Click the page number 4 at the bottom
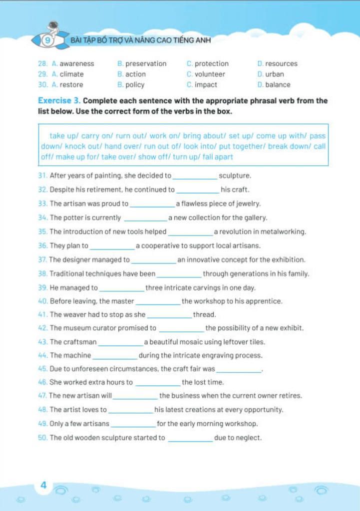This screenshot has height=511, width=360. (43, 485)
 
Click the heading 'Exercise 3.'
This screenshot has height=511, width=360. (59, 101)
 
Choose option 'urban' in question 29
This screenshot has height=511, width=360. (275, 74)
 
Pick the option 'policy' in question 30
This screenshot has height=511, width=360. (135, 85)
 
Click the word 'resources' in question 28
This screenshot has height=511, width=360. (281, 64)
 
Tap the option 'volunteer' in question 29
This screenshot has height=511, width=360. (210, 74)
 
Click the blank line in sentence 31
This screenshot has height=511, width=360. (195, 178)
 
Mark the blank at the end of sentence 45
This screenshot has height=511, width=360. (239, 371)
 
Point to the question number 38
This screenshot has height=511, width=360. (42, 274)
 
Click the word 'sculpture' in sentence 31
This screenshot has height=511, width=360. (235, 176)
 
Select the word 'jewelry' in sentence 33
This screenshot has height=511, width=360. (248, 204)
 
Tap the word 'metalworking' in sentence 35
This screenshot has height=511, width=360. (284, 232)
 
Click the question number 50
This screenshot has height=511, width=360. (42, 438)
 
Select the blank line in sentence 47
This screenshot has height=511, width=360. (135, 398)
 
